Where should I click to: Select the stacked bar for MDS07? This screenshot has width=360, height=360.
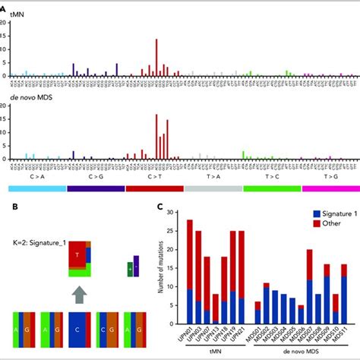[x=309, y=287]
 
